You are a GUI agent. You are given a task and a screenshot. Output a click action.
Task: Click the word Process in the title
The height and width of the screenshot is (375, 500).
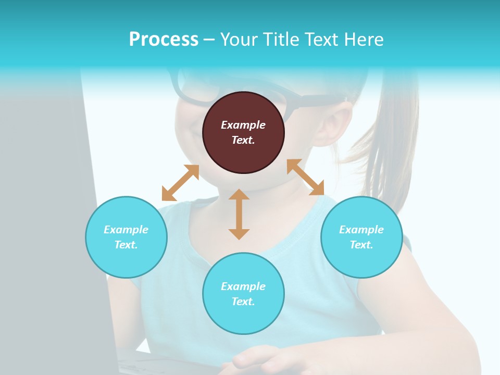(x=164, y=40)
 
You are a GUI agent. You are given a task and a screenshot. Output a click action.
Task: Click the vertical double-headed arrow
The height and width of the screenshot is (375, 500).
(x=239, y=214)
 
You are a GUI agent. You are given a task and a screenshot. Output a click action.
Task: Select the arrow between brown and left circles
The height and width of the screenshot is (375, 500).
(x=180, y=183)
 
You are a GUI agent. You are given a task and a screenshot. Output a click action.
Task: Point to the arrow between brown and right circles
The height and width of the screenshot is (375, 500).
(x=305, y=177)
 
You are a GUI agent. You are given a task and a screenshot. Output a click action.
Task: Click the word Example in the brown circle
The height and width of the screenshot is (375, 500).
(x=243, y=125)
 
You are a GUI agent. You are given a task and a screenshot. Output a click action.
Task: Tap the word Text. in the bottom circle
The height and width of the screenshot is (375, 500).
(x=243, y=302)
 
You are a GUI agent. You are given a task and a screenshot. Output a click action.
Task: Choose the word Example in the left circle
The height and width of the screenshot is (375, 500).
(x=126, y=230)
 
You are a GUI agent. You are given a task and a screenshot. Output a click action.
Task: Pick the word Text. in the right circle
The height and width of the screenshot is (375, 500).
(x=361, y=245)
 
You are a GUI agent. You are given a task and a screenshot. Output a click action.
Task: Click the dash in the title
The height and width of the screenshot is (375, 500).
(x=209, y=40)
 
